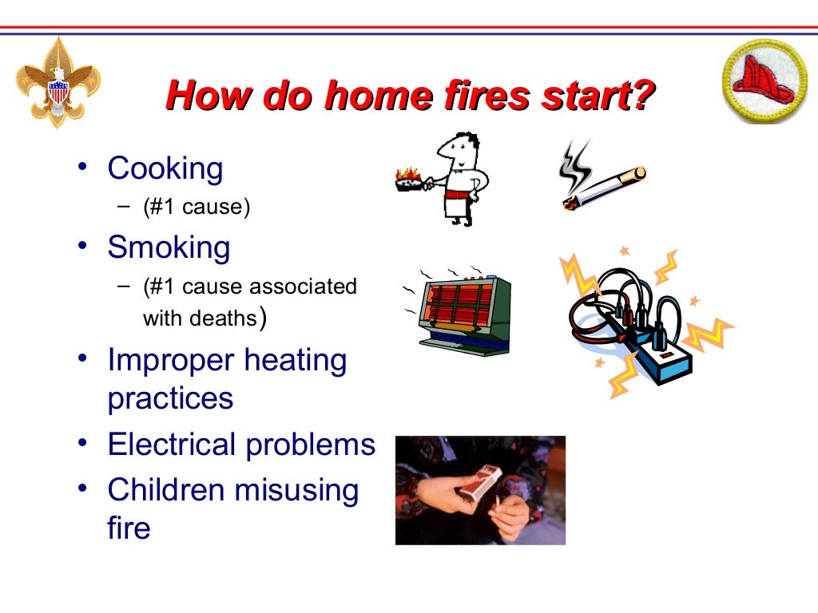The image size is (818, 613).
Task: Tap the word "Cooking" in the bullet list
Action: pos(165,168)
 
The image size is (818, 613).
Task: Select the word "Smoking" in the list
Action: pos(169,247)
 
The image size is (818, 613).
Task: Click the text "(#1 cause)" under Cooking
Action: pos(197,208)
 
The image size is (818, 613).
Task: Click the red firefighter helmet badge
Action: pos(763,81)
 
